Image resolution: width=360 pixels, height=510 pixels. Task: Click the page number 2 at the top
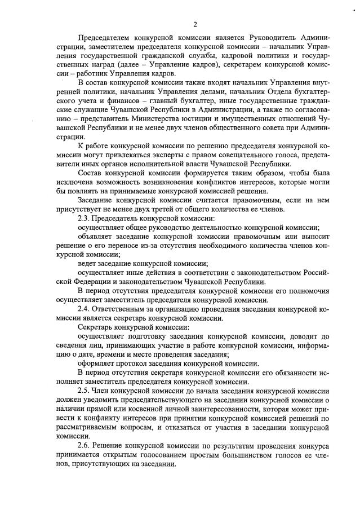[194, 24]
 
